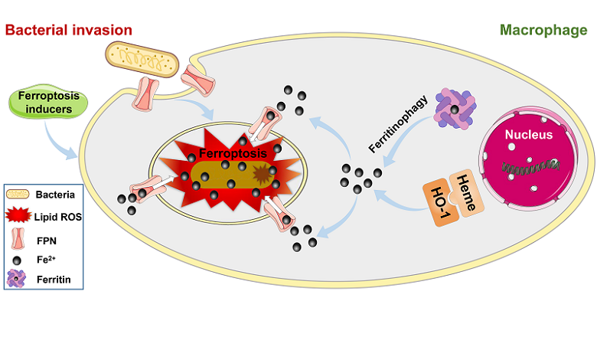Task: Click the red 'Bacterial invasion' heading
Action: pos(69,30)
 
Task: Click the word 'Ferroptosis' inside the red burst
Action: pos(227,154)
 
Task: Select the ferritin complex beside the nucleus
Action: pos(456,110)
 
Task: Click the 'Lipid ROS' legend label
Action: pos(60,217)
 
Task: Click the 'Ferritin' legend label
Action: pos(53,279)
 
